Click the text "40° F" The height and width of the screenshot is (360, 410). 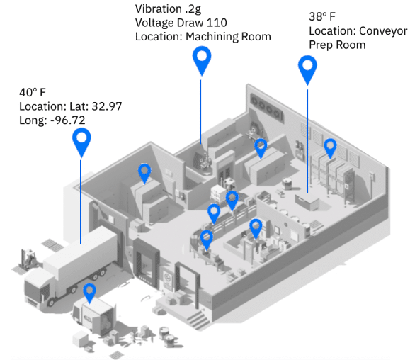pos(33,92)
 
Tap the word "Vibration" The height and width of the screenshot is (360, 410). pos(159,9)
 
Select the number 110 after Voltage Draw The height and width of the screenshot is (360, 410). pos(217,23)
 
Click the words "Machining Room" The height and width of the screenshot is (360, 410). pos(228,37)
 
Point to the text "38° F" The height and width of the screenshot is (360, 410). pos(322,17)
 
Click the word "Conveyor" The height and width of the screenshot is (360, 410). pos(383,31)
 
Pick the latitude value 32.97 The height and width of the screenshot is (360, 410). pos(107,106)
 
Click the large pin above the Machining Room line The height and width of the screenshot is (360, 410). pos(202,61)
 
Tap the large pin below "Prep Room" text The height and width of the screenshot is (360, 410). pos(307,70)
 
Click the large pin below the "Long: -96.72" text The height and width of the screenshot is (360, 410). pos(81,142)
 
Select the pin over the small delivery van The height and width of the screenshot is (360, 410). pos(89,293)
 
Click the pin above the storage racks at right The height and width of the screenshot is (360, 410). pos(330,148)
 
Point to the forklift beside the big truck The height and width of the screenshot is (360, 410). pos(28,259)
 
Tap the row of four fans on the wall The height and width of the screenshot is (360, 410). pos(266,107)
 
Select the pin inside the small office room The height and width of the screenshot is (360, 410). pos(256,229)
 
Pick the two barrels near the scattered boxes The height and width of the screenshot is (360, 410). pos(167,336)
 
